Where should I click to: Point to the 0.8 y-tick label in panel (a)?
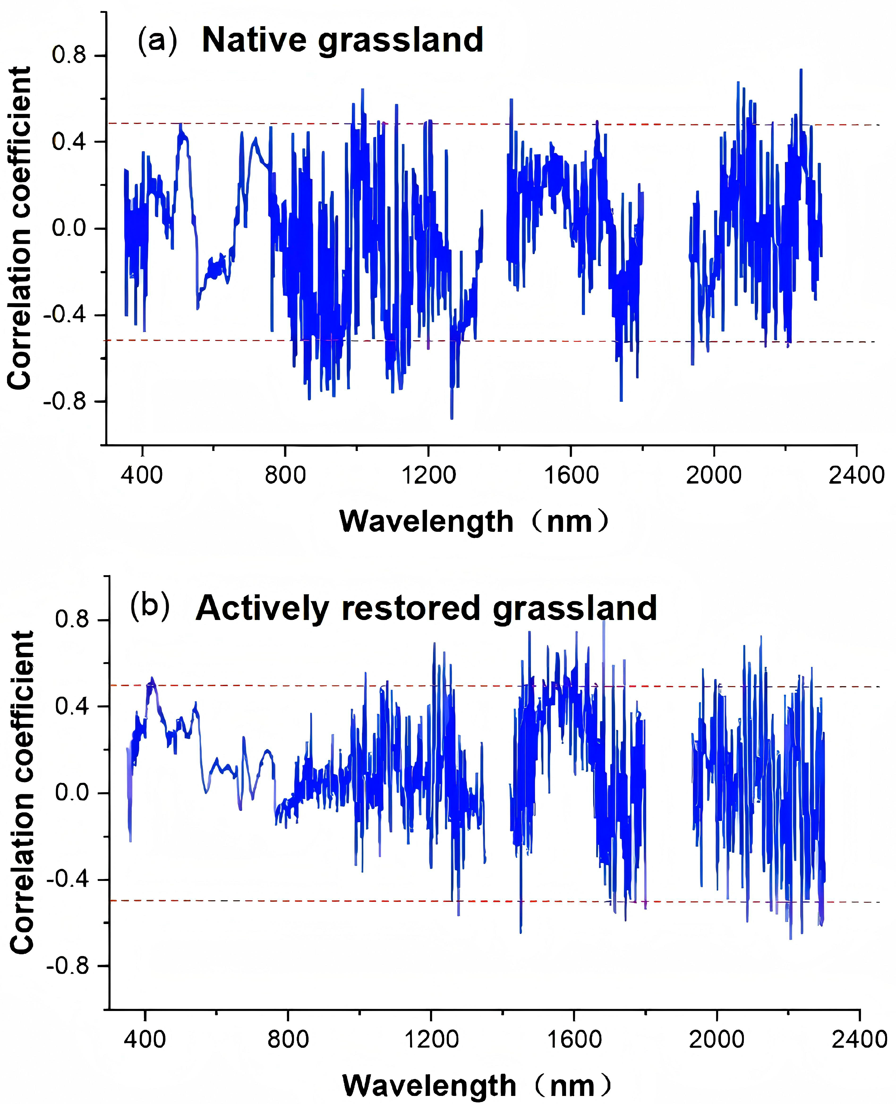tap(69, 55)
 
